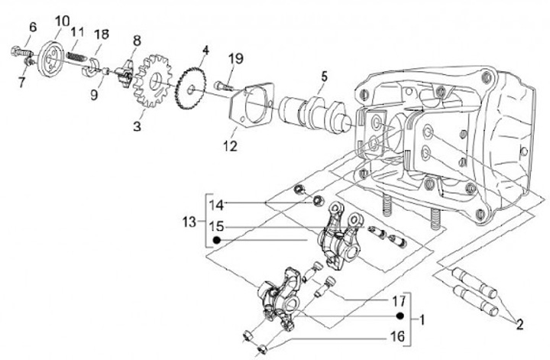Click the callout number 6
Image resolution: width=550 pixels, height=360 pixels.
pyautogui.click(x=33, y=27)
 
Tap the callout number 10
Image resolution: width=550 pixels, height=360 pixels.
pyautogui.click(x=62, y=21)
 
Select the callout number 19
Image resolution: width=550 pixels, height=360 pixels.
pyautogui.click(x=236, y=58)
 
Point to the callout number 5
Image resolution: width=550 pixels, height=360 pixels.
pyautogui.click(x=324, y=76)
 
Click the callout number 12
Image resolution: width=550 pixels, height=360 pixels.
pyautogui.click(x=230, y=146)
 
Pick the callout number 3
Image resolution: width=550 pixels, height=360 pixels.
pyautogui.click(x=137, y=126)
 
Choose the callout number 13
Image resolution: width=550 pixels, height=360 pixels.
pyautogui.click(x=189, y=222)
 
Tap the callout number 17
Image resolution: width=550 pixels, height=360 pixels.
pyautogui.click(x=399, y=301)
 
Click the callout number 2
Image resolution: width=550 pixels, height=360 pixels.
pyautogui.click(x=519, y=325)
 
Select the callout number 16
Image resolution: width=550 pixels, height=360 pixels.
pyautogui.click(x=398, y=336)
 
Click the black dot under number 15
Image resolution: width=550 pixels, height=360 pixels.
pyautogui.click(x=217, y=240)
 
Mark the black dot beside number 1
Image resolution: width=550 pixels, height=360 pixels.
pyautogui.click(x=400, y=316)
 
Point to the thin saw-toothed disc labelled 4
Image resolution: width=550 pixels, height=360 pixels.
pyautogui.click(x=189, y=90)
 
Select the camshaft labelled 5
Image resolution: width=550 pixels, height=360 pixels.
pyautogui.click(x=315, y=115)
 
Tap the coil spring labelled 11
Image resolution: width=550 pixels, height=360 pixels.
pyautogui.click(x=76, y=57)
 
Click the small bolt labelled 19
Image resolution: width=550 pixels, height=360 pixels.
pyautogui.click(x=224, y=86)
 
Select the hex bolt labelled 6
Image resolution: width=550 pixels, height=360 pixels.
pyautogui.click(x=22, y=53)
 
